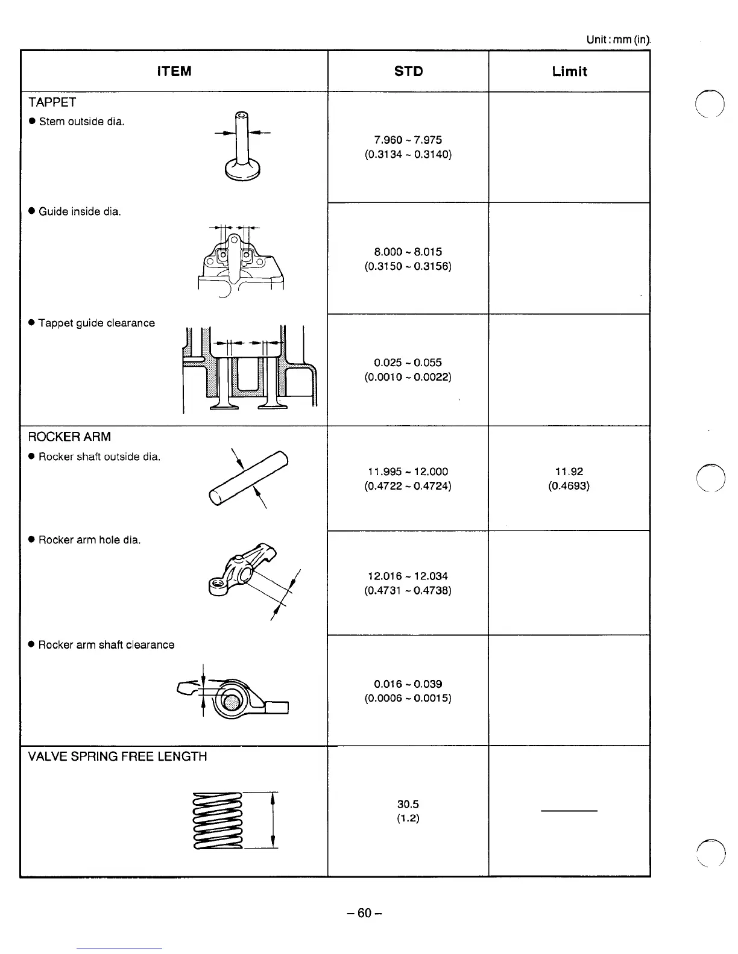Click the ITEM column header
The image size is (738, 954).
[x=174, y=71]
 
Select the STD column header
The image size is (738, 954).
[x=408, y=71]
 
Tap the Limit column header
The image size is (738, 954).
[x=569, y=71]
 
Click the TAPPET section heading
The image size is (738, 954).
[x=52, y=102]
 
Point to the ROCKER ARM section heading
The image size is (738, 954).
[x=69, y=437]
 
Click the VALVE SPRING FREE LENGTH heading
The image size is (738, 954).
[x=118, y=756]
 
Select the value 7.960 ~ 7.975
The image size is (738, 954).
[x=408, y=140]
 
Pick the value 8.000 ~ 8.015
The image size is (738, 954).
[x=408, y=252]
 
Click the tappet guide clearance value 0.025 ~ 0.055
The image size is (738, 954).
[x=408, y=363]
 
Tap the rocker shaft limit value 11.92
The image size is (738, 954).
[x=569, y=472]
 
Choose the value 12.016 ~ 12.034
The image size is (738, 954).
[x=408, y=576]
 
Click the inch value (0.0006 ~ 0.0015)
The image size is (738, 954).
[x=408, y=698]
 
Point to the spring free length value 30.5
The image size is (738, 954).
[x=408, y=804]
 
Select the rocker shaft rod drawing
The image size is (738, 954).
[x=248, y=479]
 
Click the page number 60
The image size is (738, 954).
[x=364, y=913]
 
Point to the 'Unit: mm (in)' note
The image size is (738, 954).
[x=618, y=40]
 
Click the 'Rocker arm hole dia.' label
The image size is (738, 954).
[x=89, y=540]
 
